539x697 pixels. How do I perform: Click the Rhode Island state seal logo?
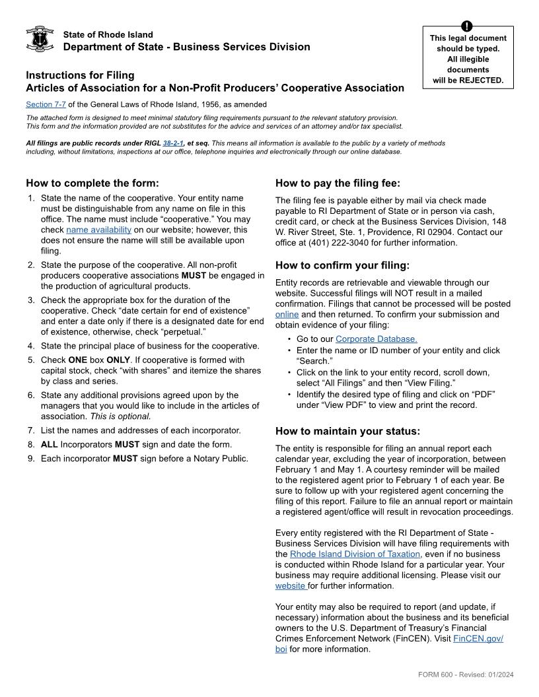(40, 40)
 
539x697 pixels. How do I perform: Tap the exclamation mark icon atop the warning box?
(468, 26)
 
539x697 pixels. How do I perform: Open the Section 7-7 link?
(46, 104)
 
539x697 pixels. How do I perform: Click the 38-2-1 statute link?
(173, 143)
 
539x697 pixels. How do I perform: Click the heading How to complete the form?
(92, 183)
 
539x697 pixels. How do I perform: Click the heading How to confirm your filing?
(342, 265)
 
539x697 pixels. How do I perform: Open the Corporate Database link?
(376, 339)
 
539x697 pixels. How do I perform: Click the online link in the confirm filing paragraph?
(287, 315)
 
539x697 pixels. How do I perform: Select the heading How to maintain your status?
(347, 431)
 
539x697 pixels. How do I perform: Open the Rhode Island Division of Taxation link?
(355, 554)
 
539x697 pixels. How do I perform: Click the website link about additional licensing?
(290, 585)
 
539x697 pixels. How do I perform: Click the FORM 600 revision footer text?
(466, 674)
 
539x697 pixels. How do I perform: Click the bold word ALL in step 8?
(50, 444)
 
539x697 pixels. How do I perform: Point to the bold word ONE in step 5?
(78, 360)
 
